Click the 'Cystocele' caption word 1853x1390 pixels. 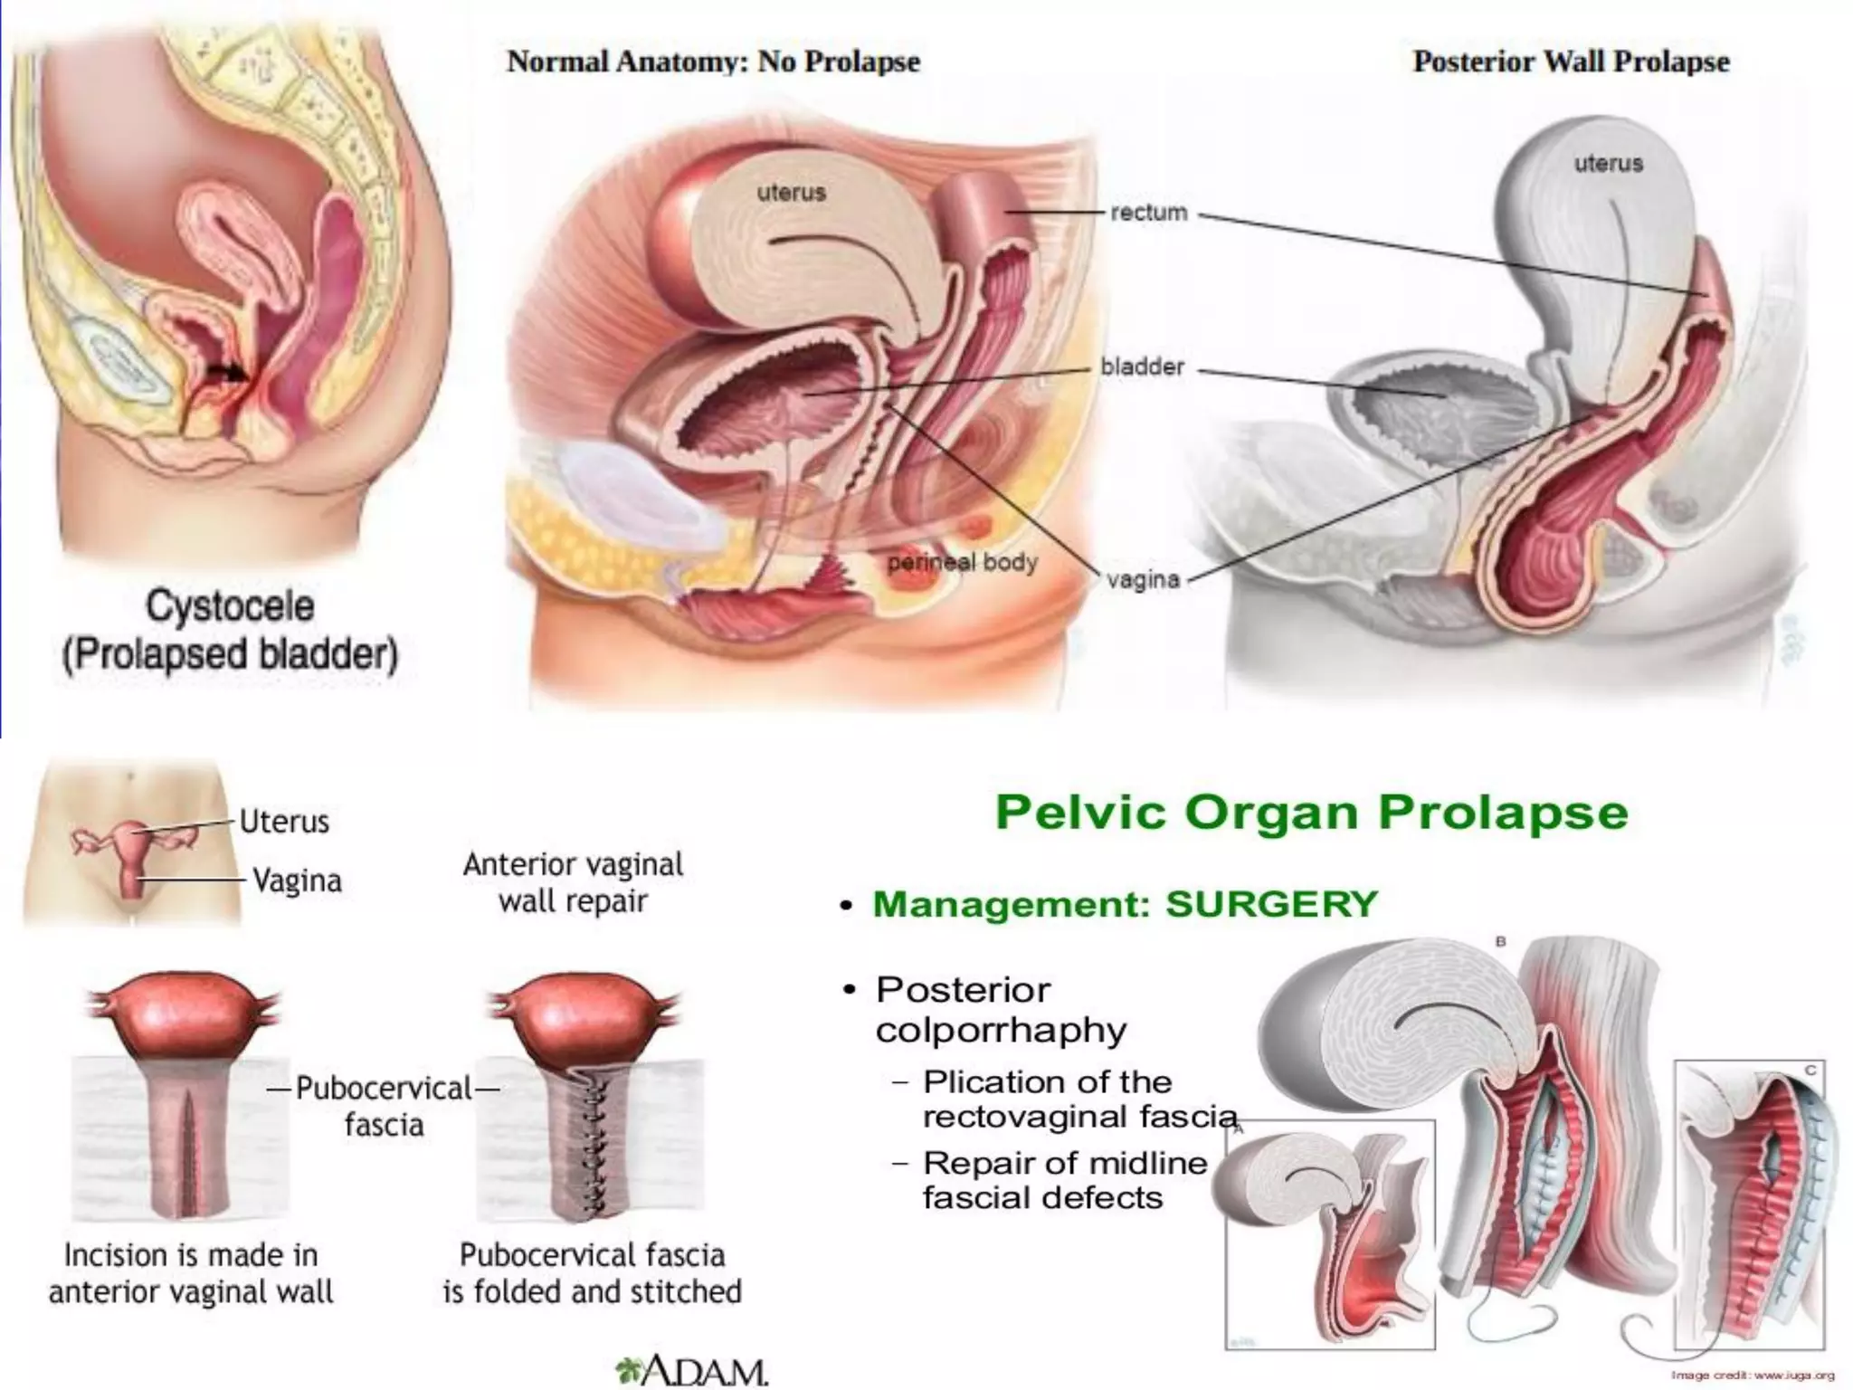point(230,606)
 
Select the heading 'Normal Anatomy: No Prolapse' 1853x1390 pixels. point(713,62)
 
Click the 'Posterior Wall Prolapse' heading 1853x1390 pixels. point(1571,62)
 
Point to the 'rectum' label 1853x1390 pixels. point(1148,213)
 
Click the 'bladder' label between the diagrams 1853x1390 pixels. point(1142,367)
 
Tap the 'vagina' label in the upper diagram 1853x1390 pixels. point(1143,579)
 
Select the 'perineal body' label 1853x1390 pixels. point(961,563)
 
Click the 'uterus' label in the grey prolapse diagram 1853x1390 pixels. point(1608,164)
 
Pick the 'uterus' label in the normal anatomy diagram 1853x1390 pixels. point(791,193)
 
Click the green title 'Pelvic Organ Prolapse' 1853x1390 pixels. point(1311,812)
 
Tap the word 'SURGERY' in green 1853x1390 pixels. point(1270,904)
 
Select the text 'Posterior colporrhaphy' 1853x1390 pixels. point(1001,1010)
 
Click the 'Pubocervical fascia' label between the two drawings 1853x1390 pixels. point(384,1106)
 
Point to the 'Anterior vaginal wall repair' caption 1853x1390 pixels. point(573,882)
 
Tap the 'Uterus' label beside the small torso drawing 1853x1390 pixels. point(284,822)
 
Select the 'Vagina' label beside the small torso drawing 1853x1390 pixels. point(297,881)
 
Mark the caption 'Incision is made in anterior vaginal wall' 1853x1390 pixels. point(191,1273)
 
